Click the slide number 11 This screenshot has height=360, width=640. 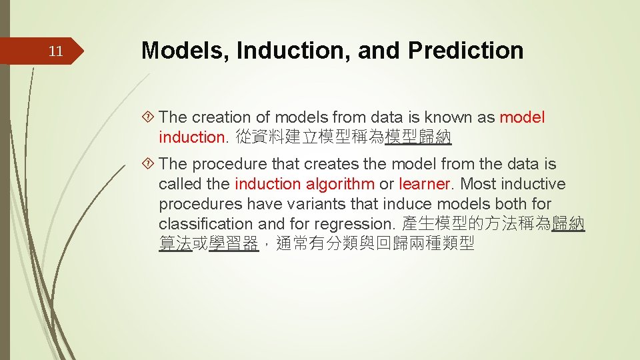(57, 51)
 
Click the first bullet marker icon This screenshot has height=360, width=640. (150, 118)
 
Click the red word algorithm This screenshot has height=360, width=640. (340, 184)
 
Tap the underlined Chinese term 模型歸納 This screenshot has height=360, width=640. (419, 138)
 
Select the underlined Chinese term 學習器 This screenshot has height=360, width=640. (233, 244)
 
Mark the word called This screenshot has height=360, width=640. (179, 184)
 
